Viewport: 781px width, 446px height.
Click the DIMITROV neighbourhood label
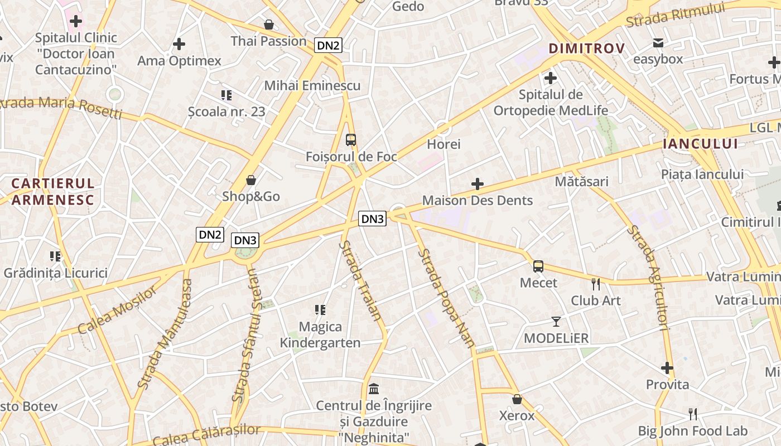coord(586,49)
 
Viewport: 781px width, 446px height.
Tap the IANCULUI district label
coord(700,144)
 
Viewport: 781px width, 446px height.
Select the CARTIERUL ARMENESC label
coord(53,191)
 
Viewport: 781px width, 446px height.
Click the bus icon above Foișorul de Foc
coord(351,139)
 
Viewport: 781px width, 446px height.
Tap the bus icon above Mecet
coord(538,266)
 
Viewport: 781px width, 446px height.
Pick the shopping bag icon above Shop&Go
coord(251,180)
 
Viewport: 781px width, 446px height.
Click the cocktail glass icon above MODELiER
coord(556,321)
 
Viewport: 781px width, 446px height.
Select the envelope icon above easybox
coord(658,43)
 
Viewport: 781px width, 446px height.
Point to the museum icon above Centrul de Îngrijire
coord(374,389)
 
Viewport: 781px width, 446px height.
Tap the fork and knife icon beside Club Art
coord(596,284)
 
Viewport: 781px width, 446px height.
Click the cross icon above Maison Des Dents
coord(478,183)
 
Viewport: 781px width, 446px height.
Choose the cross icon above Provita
coord(667,368)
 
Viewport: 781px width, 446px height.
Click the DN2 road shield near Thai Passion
coord(328,45)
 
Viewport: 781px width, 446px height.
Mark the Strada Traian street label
coord(361,280)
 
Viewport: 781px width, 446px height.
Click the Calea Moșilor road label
coord(118,310)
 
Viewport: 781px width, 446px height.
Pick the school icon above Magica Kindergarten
coord(320,310)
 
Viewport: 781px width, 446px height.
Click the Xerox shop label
coord(517,415)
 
